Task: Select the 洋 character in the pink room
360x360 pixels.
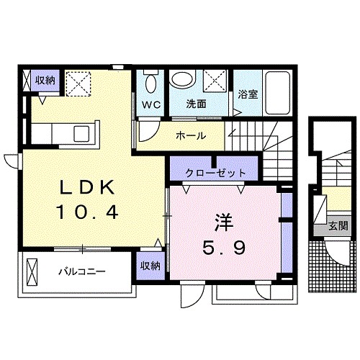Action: [x=220, y=220]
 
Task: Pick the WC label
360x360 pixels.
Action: [x=150, y=104]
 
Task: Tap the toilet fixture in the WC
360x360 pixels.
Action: [x=150, y=82]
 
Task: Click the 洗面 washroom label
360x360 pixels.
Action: [x=197, y=104]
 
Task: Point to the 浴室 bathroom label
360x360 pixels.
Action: [x=247, y=94]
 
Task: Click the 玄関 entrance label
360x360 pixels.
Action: [x=338, y=225]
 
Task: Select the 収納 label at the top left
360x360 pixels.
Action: [x=45, y=81]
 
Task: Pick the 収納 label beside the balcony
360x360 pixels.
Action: [x=150, y=266]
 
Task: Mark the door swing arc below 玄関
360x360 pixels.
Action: [x=336, y=252]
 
